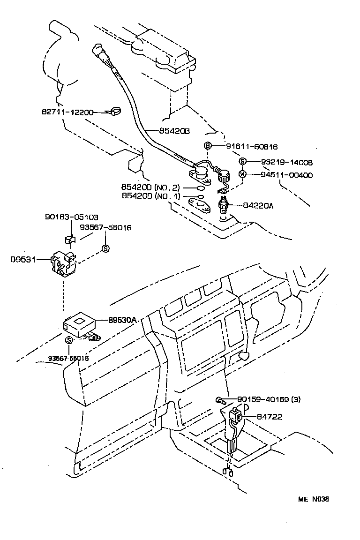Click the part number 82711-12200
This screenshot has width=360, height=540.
67,112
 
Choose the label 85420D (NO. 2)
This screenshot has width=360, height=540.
150,187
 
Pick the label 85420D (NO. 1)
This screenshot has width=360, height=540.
150,196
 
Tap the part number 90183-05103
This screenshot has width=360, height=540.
72,217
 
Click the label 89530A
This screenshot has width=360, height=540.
122,320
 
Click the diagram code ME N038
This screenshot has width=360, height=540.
314,499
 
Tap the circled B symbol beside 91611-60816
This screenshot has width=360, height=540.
208,146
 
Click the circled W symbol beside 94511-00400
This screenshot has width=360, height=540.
242,175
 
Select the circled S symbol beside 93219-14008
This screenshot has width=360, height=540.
242,162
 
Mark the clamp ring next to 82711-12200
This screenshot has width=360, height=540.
113,112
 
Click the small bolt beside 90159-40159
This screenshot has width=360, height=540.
220,400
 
